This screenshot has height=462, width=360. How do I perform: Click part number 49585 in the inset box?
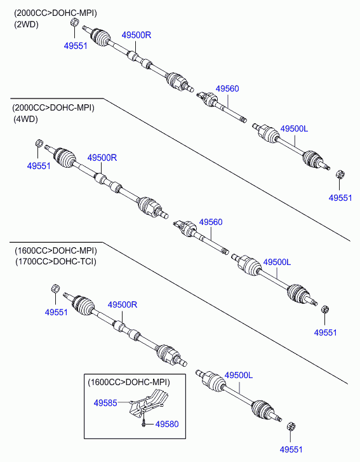pos(105,403)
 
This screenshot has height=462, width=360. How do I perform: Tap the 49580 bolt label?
pos(167,424)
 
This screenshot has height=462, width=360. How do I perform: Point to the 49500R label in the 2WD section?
pos(137,35)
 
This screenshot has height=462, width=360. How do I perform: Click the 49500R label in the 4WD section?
pos(102,158)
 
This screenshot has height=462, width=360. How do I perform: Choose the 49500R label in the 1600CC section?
pos(123,304)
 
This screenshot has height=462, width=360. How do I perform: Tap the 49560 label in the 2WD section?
pos(227,88)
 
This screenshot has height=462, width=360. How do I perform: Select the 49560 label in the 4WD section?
pos(211,222)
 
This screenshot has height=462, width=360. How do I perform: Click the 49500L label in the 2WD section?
pos(294,128)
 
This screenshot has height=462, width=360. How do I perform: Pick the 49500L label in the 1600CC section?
pos(239,375)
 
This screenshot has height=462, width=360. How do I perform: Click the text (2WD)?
pos(27,24)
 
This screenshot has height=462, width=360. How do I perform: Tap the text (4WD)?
pos(25,119)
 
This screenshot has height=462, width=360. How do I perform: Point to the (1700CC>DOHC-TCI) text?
pos(56,261)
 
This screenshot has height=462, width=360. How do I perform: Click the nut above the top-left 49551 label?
pos(74,22)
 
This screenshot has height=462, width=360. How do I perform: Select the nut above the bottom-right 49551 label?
pos(291,426)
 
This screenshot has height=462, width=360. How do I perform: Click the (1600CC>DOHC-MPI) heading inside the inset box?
pos(129,382)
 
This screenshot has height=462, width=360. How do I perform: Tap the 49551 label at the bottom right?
pos(291,449)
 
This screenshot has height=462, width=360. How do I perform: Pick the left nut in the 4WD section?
pos(39,143)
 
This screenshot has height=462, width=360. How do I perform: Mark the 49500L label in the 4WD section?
pos(277,262)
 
